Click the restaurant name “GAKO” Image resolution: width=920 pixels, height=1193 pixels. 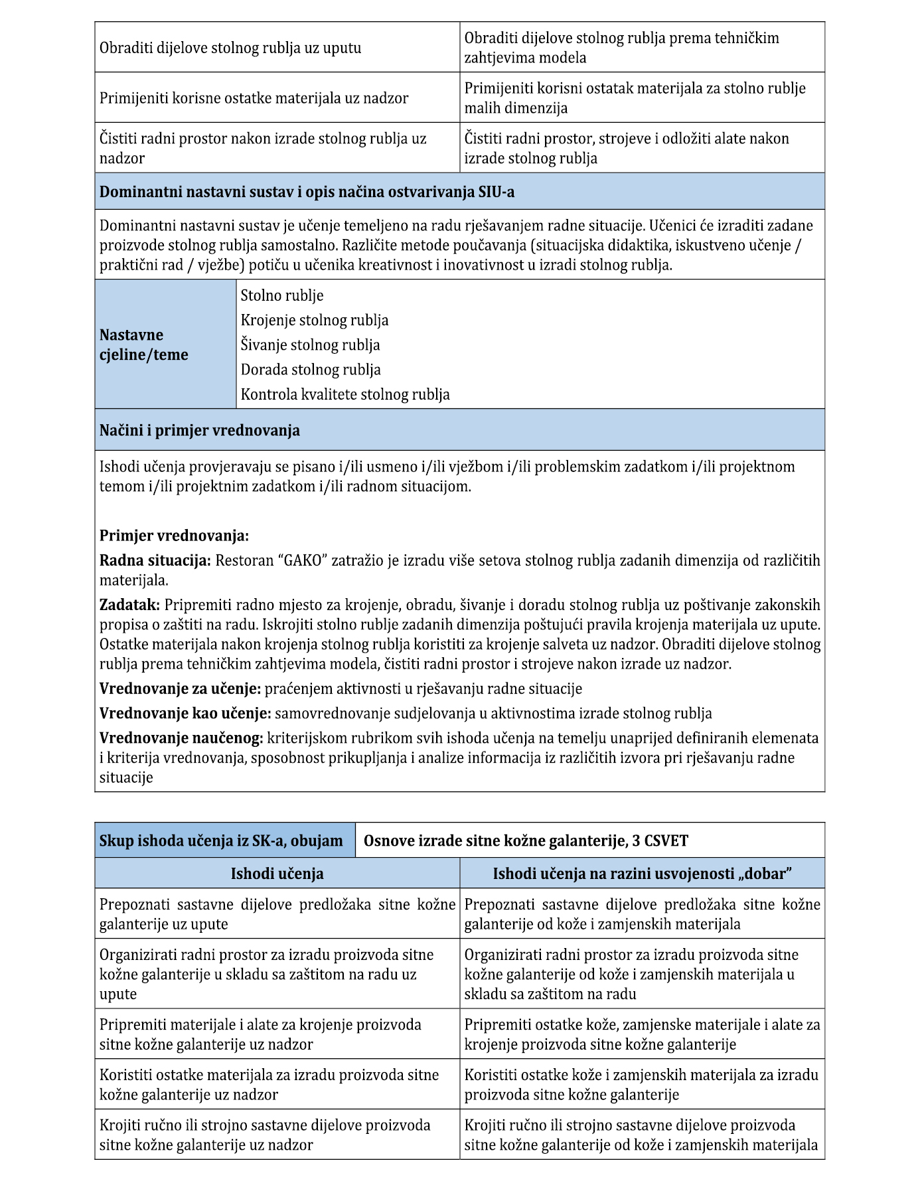tap(305, 560)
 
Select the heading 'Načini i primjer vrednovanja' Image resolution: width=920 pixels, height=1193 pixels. tap(199, 430)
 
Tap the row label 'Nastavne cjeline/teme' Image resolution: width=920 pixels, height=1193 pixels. tap(144, 345)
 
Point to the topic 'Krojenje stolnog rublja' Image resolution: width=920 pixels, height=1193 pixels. tap(315, 320)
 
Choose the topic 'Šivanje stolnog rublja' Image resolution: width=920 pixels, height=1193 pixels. tap(310, 345)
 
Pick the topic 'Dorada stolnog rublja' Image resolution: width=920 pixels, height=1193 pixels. tap(311, 369)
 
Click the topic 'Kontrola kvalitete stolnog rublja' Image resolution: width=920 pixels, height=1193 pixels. tap(345, 394)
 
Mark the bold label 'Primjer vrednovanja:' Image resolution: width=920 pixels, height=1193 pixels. tap(174, 536)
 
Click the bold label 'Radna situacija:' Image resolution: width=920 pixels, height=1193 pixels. tap(155, 560)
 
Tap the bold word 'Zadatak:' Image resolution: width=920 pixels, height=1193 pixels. tap(129, 605)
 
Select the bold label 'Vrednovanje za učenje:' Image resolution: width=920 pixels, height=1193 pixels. tap(180, 688)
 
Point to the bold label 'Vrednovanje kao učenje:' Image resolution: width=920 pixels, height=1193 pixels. tap(185, 713)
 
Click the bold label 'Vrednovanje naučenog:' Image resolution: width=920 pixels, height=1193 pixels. tap(181, 738)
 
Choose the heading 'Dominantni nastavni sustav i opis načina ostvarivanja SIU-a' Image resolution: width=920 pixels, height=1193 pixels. tap(307, 192)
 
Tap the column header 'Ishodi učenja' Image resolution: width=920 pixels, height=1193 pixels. tap(277, 873)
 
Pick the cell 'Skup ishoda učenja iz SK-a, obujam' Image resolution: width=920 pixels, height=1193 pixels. tap(221, 840)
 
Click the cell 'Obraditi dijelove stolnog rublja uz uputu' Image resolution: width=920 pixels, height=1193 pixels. tap(230, 48)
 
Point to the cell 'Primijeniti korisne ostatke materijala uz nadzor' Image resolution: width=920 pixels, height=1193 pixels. tap(254, 98)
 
